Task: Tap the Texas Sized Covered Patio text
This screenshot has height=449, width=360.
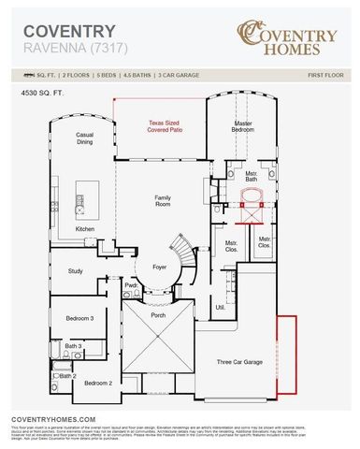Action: point(173,127)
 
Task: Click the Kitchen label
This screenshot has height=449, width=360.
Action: point(85,229)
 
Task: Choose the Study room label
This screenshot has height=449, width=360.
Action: point(75,271)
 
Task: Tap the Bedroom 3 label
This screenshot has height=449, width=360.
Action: point(79,319)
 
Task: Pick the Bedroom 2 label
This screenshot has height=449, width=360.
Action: point(98,383)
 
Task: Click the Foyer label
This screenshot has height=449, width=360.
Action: point(160,267)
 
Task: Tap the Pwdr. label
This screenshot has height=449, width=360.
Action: point(131,284)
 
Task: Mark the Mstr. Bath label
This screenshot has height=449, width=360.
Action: point(251,177)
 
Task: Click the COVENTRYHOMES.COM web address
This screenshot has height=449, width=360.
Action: point(53,420)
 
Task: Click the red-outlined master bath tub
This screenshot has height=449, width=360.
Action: point(252,198)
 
